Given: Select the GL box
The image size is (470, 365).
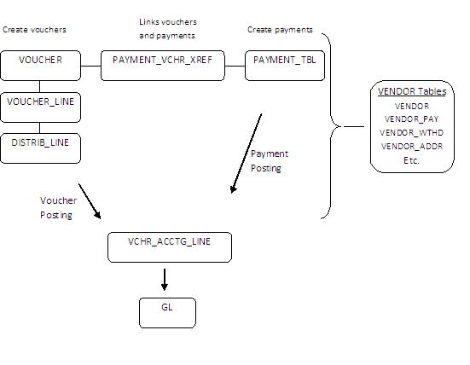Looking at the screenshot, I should [x=167, y=312].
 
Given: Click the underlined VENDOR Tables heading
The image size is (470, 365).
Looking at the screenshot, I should [x=413, y=92].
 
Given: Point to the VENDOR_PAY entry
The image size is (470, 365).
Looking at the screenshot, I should [x=413, y=119].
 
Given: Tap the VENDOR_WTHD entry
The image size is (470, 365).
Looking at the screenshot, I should [x=413, y=132].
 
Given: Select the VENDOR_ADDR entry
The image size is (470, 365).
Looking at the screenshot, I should [x=413, y=146].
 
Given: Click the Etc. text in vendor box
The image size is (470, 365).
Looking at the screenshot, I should [x=413, y=159].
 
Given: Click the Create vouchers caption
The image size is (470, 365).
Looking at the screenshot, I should [x=34, y=30].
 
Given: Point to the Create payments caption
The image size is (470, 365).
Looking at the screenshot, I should [x=280, y=30].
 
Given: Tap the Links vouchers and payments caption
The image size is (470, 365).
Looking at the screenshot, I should [x=166, y=28].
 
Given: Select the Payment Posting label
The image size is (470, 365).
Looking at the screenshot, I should [x=269, y=161].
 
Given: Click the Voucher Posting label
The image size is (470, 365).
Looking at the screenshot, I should [x=58, y=208].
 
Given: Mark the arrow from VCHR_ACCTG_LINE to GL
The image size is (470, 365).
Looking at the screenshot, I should [x=165, y=278].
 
